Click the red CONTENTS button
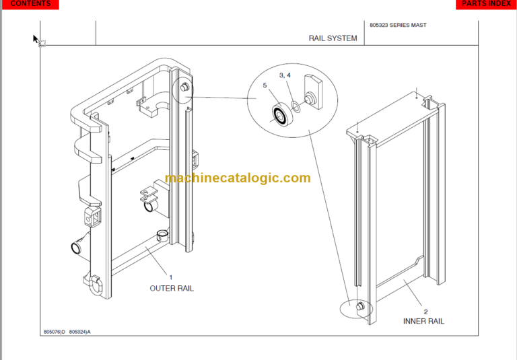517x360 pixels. [x=30, y=4]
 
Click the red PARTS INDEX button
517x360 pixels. [x=486, y=4]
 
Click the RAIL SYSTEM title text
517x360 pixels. [x=333, y=38]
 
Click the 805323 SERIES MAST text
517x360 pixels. [x=398, y=26]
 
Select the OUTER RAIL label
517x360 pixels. [x=171, y=288]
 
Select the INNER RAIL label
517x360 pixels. [x=423, y=321]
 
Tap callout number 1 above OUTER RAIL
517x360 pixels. [x=170, y=277]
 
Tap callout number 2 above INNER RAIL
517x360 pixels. [x=425, y=311]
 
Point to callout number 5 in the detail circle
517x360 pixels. [x=265, y=86]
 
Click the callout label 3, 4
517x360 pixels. [x=285, y=75]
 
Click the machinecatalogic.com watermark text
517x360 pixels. [x=238, y=178]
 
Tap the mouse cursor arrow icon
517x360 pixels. [x=36, y=40]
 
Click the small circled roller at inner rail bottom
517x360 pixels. [x=358, y=307]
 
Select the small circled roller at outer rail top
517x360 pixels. [x=184, y=88]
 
